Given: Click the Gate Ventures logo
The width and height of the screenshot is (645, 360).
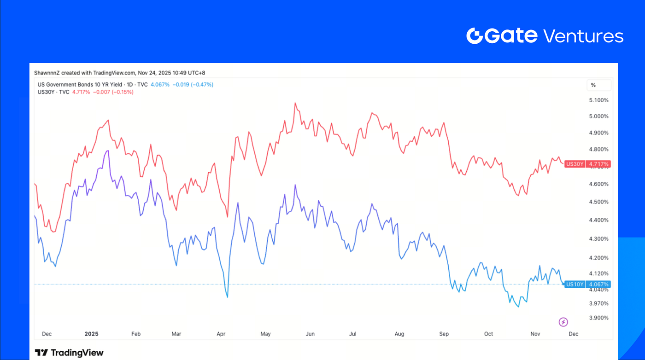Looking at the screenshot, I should [545, 36].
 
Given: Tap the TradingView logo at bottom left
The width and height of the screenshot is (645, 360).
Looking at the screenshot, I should [69, 353].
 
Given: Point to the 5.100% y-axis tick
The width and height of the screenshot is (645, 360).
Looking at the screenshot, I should [599, 100].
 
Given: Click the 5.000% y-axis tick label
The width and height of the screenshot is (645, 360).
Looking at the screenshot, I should [599, 116].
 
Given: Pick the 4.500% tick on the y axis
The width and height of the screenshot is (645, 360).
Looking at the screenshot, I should [599, 202].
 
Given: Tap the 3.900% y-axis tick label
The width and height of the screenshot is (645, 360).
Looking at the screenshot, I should [599, 318].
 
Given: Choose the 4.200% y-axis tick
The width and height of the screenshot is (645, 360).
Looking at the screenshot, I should [599, 258].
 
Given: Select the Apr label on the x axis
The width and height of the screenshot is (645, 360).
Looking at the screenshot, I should [221, 333].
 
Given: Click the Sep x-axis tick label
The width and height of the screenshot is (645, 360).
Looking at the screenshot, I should [444, 333].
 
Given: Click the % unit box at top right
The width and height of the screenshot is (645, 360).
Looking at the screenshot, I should [598, 85].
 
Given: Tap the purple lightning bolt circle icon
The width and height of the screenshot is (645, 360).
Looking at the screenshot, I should [563, 322].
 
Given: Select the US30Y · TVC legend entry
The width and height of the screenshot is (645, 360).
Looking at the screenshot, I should [53, 92].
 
